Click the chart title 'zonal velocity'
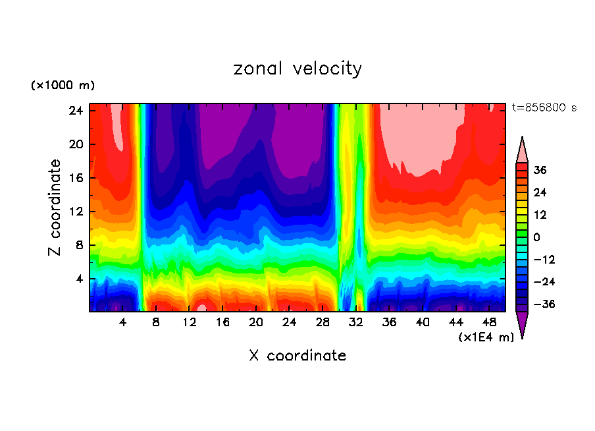click(297, 69)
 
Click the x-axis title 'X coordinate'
click(297, 356)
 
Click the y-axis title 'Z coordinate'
click(55, 208)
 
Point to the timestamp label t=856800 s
click(544, 107)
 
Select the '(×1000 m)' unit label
click(63, 86)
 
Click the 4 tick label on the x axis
click(123, 322)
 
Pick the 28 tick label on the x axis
click(323, 322)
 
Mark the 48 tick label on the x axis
click(489, 322)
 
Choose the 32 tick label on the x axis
click(356, 322)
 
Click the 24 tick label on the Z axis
click(78, 111)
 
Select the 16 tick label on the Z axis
click(78, 178)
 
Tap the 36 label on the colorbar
click(540, 170)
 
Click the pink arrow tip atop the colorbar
click(522, 150)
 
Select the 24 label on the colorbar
click(540, 192)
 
